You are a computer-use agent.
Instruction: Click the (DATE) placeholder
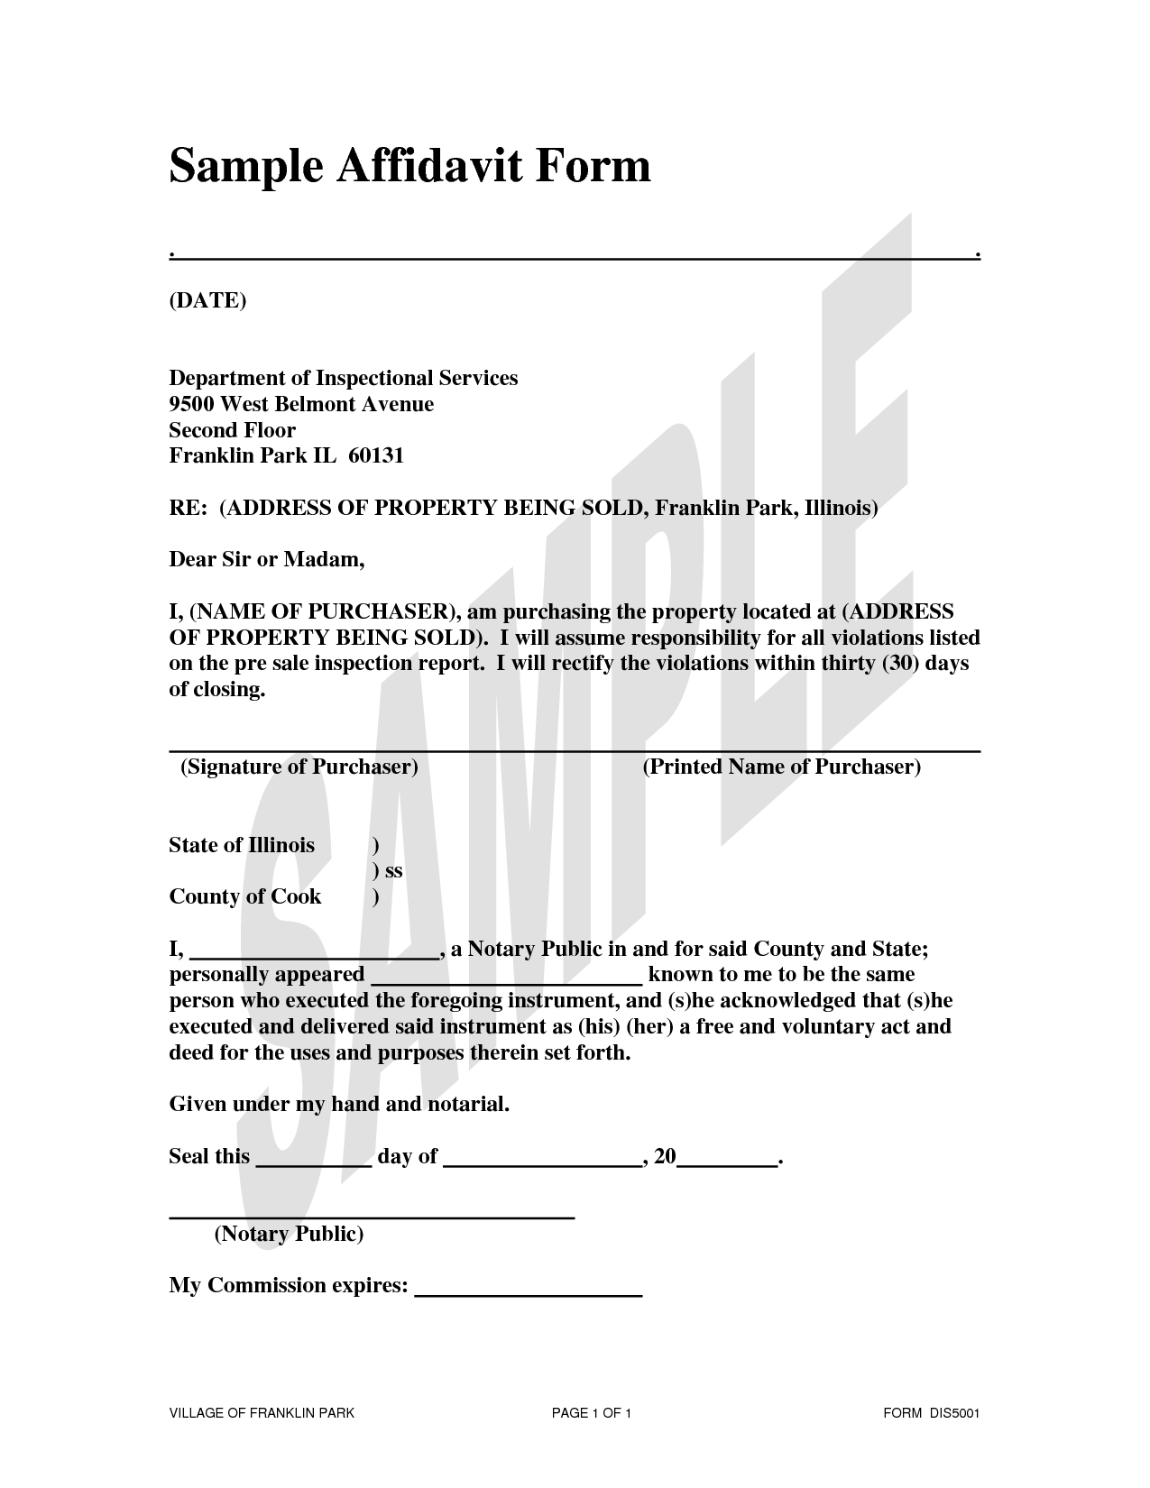207,300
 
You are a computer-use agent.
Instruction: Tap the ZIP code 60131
375,455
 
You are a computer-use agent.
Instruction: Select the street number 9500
191,404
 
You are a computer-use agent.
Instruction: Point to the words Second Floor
232,430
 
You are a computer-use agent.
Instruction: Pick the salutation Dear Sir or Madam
266,560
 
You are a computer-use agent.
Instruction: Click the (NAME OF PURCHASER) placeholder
327,612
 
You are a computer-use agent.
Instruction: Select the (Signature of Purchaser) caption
299,767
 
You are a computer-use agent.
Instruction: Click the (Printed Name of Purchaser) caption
781,767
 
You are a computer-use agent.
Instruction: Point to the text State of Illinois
242,845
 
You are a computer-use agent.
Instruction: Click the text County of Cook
244,896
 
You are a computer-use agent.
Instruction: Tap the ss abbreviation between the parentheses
393,871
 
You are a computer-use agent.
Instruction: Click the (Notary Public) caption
289,1234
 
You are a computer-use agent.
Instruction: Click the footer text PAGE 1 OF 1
591,1413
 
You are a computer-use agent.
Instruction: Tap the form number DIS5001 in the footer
954,1413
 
